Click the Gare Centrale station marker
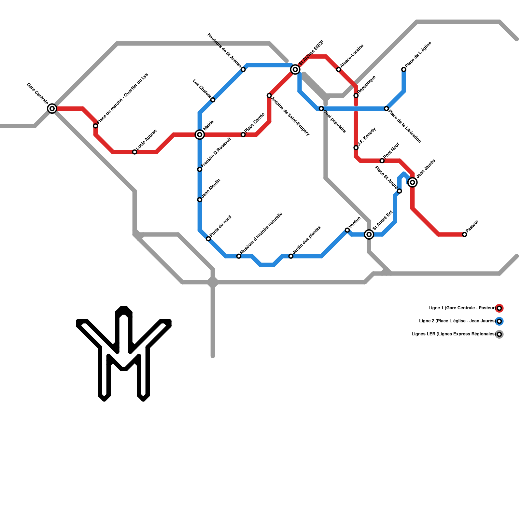coord(52,108)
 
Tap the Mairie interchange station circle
coord(200,134)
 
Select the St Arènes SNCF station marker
coord(295,69)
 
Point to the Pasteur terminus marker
coord(465,234)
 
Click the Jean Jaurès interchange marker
coord(413,182)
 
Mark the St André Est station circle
coord(369,234)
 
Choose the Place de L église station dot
coord(404,69)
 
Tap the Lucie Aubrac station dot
coord(134,152)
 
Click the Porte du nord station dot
coord(208,239)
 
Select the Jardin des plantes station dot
coord(291,256)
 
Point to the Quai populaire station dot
coord(321,108)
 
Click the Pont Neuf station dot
coord(382,161)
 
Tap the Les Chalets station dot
coord(213,100)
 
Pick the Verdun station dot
coord(347,230)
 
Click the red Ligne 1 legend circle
coord(499,308)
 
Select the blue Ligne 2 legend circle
coord(499,321)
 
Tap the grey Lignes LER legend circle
coord(499,334)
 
